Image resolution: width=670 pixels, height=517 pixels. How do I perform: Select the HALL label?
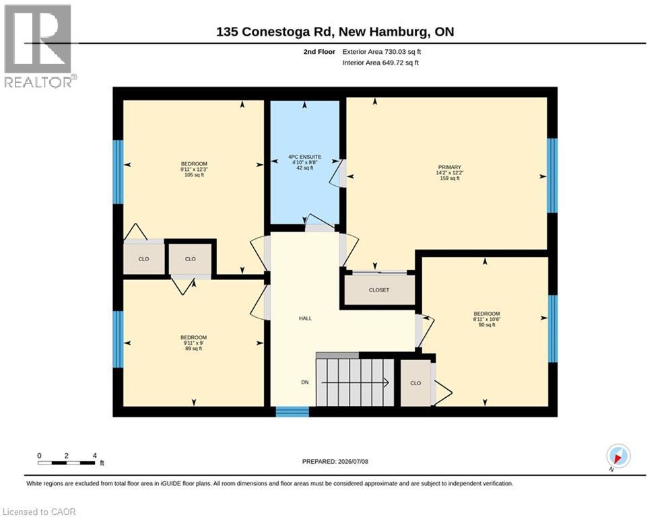point(305,318)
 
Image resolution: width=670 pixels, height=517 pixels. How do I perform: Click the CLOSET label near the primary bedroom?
point(379,290)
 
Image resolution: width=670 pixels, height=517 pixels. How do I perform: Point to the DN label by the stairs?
point(304,382)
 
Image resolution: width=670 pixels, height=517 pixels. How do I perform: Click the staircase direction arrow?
point(355,383)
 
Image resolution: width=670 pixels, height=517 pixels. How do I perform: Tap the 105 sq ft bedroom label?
point(194,169)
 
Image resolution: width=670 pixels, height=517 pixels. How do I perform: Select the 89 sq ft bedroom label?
point(193,343)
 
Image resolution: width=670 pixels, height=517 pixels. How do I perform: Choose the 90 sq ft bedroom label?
point(487,319)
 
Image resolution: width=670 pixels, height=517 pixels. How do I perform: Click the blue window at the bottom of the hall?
point(292,412)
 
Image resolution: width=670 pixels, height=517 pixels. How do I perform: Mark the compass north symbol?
point(618,456)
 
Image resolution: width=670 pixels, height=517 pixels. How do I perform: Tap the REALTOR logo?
point(39,46)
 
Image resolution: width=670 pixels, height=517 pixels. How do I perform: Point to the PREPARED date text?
point(335,461)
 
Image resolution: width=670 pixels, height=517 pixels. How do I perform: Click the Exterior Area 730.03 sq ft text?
point(382,52)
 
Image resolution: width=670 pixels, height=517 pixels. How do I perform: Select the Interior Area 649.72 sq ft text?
point(380,63)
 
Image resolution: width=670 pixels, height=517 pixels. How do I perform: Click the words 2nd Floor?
point(319,52)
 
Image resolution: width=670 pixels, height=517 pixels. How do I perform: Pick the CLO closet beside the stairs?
point(415,383)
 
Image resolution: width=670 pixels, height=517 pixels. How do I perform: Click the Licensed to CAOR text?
point(39,512)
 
